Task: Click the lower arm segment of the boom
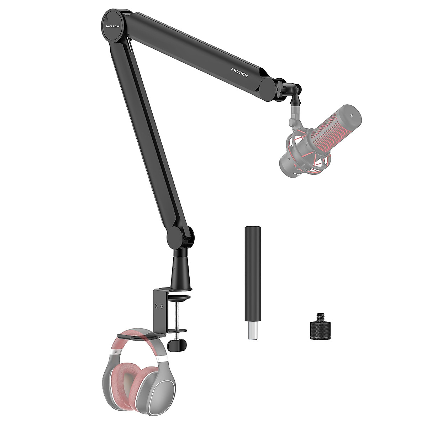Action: (149, 142)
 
